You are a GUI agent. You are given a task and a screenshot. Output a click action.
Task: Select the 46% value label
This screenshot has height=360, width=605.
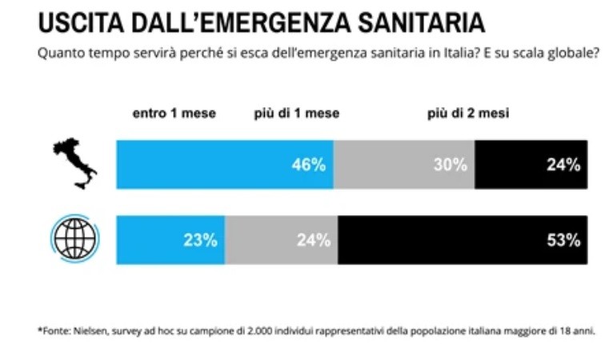[x=308, y=165]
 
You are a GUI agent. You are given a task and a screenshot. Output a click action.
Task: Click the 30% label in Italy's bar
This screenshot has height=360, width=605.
[x=449, y=165]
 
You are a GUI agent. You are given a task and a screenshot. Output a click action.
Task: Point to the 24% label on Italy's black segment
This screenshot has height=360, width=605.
[x=563, y=165]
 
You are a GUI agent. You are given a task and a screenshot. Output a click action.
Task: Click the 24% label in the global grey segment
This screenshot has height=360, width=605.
[x=312, y=240]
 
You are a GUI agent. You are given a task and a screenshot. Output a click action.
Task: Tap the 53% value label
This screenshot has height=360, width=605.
[x=563, y=240]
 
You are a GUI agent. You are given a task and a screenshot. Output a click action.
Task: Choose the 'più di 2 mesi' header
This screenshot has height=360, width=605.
[x=467, y=114]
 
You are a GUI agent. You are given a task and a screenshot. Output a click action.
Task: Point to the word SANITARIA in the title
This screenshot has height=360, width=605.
[x=417, y=23]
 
